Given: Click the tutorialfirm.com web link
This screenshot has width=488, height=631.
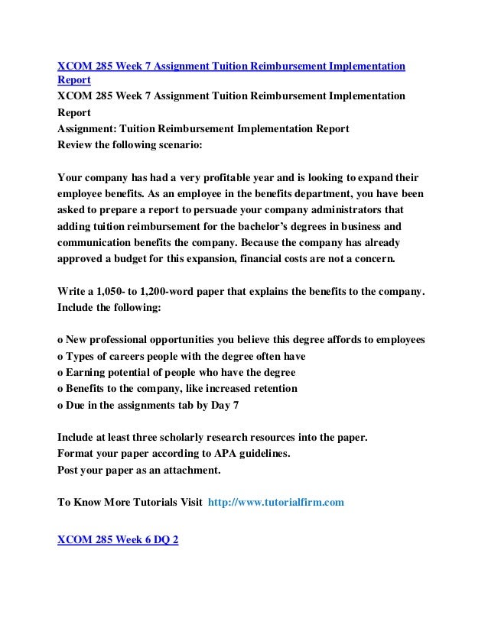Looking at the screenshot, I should pyautogui.click(x=276, y=503).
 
